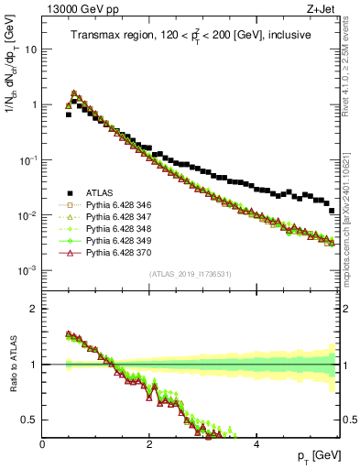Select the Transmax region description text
[191, 36]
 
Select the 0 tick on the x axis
[42, 444]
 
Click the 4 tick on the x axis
[256, 444]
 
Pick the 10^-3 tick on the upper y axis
[27, 271]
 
